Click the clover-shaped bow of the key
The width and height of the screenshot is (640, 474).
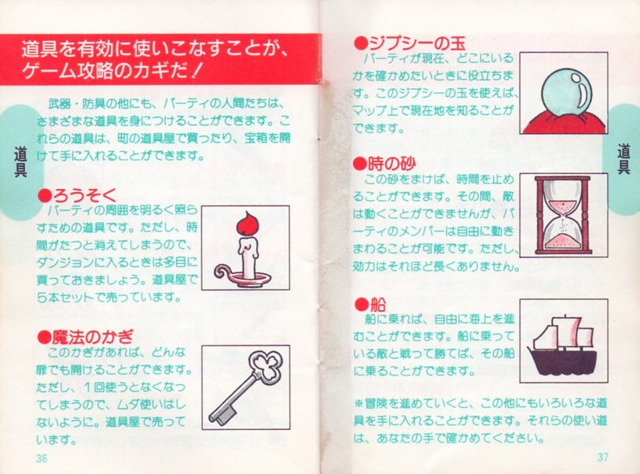(x=266, y=366)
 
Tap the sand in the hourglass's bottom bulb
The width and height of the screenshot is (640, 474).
(x=564, y=242)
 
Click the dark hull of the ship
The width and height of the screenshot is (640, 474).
(x=562, y=361)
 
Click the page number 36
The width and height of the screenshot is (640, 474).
(x=42, y=458)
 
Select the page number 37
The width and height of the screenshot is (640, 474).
(x=603, y=457)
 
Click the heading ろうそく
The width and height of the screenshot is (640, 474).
(x=85, y=195)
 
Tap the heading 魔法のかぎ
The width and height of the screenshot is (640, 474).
(x=92, y=337)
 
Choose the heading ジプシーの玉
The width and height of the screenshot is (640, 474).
(x=417, y=43)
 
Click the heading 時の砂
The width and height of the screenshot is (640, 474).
(x=392, y=164)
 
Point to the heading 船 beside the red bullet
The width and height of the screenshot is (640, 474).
(x=378, y=305)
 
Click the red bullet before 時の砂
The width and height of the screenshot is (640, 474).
(x=360, y=165)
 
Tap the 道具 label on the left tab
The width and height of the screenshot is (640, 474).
(x=20, y=161)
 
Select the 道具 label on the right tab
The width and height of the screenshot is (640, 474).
(x=623, y=159)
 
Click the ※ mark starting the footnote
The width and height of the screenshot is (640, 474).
(x=359, y=404)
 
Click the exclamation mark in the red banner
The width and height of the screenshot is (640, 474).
(x=196, y=72)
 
